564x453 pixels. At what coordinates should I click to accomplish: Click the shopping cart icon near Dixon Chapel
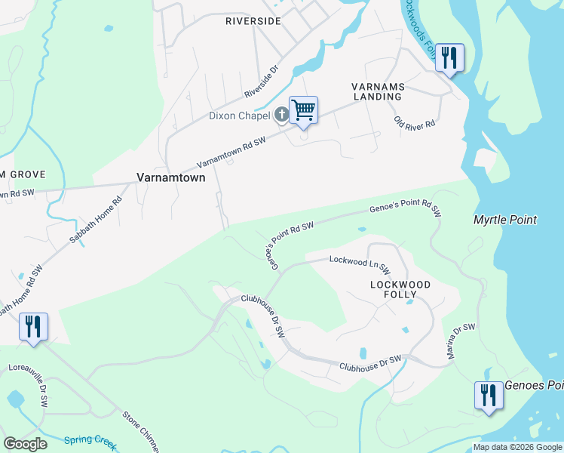click(x=303, y=110)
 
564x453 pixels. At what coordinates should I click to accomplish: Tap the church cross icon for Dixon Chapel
click(x=281, y=115)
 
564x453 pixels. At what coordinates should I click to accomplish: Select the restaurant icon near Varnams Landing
click(x=449, y=57)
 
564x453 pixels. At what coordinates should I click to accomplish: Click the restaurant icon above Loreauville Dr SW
click(x=33, y=327)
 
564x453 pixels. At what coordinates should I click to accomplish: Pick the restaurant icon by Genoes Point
click(x=489, y=395)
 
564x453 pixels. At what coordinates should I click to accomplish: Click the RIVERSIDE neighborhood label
click(x=253, y=21)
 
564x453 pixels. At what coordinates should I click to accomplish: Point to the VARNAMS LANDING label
click(x=377, y=91)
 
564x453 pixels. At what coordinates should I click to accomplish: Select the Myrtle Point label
click(x=504, y=220)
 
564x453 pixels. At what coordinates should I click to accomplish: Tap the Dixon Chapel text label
click(x=239, y=116)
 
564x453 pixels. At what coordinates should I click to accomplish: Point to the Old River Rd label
click(x=415, y=122)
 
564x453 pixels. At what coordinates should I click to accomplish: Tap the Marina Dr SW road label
click(x=462, y=341)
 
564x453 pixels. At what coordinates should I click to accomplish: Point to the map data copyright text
click(x=516, y=447)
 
